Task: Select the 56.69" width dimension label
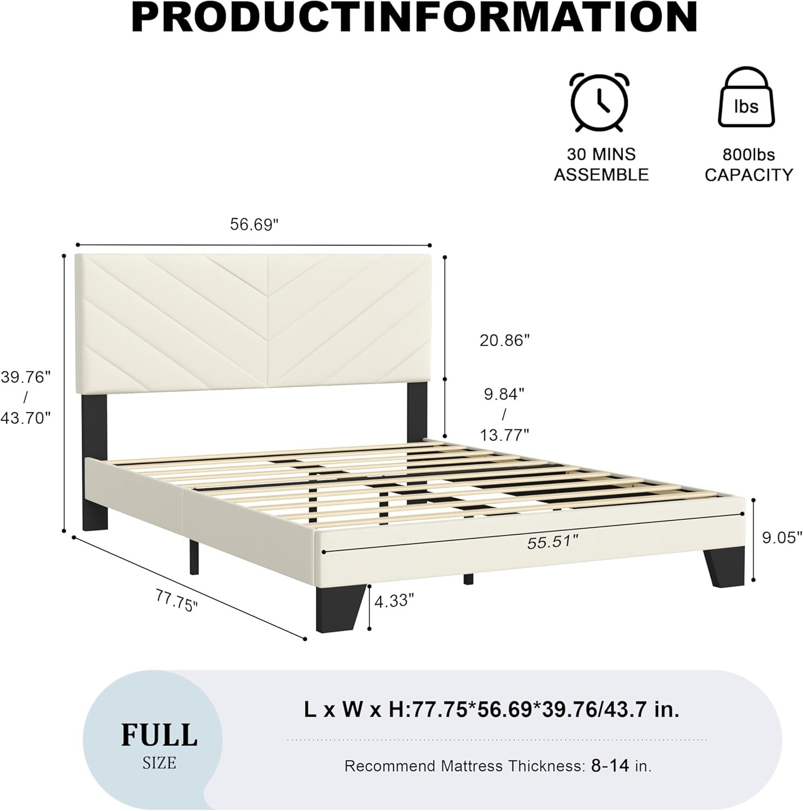tap(254, 224)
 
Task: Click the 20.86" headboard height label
tap(505, 340)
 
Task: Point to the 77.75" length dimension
tap(177, 601)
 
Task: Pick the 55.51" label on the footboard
tap(553, 542)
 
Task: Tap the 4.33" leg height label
tap(394, 600)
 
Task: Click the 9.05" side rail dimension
tap(782, 537)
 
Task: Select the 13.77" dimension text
tap(505, 434)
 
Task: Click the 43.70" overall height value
tap(25, 417)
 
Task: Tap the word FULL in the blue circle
tap(159, 735)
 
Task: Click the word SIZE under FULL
tap(160, 763)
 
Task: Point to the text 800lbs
tap(748, 155)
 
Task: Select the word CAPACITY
tap(748, 175)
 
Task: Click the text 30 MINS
tap(601, 155)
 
